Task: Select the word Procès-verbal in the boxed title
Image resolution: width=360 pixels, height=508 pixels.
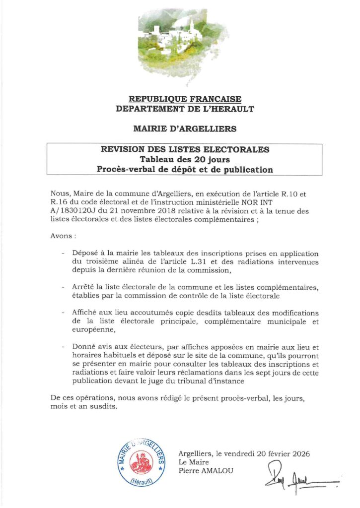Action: point(125,169)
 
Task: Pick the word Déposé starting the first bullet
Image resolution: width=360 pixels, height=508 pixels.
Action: point(86,254)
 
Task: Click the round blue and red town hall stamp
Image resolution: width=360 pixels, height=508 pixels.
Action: point(141,460)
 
